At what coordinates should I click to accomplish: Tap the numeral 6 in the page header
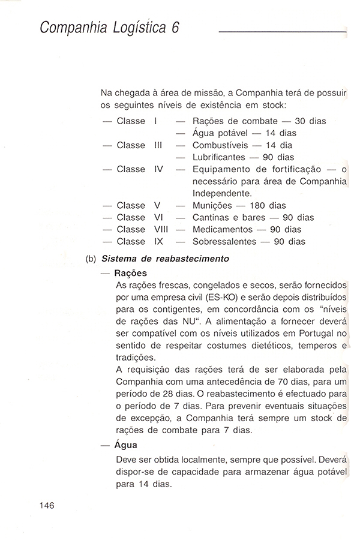click(x=175, y=28)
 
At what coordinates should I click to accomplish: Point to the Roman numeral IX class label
click(x=159, y=242)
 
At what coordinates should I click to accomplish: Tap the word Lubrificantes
click(x=220, y=157)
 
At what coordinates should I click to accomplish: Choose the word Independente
click(x=221, y=194)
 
